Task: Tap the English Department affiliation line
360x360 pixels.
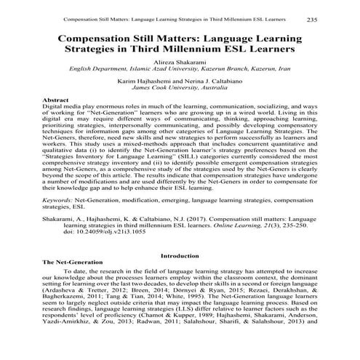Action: click(180, 71)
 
